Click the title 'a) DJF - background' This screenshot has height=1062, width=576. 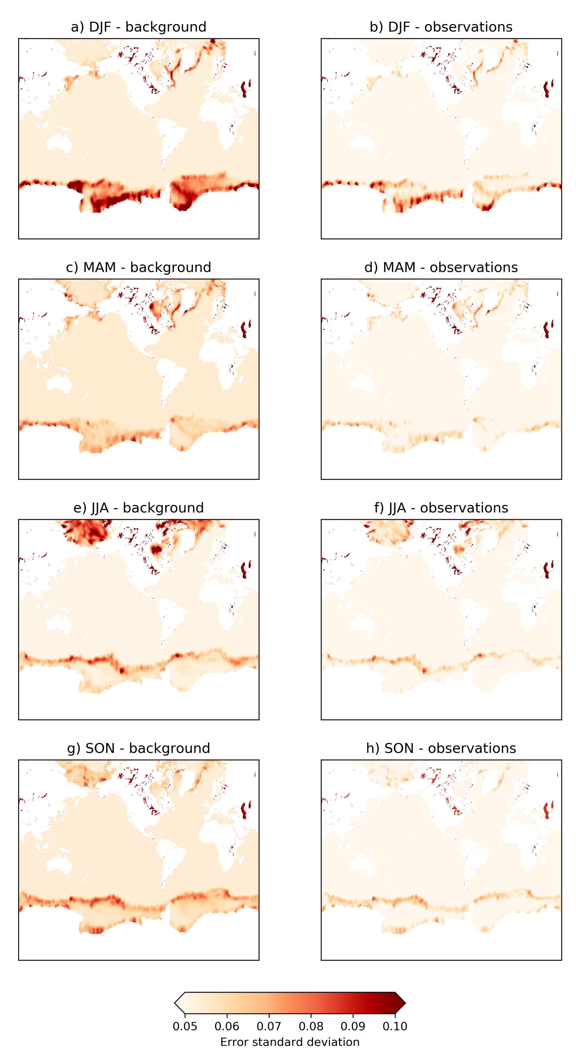(x=138, y=27)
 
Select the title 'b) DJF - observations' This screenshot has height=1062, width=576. (x=441, y=27)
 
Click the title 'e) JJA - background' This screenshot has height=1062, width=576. (x=138, y=508)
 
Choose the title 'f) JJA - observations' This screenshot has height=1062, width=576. (x=441, y=508)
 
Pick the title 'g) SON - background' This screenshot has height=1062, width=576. (x=138, y=748)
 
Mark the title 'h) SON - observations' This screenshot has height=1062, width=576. (x=441, y=748)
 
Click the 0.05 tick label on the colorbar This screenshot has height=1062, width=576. (x=185, y=1026)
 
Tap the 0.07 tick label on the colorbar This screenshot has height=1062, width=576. (x=269, y=1026)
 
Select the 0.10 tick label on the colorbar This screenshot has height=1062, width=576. (x=395, y=1026)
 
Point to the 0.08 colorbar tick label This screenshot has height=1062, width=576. (x=311, y=1026)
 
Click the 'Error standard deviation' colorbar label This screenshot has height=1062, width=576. (x=290, y=1042)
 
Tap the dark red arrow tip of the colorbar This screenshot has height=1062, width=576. (x=400, y=1003)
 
